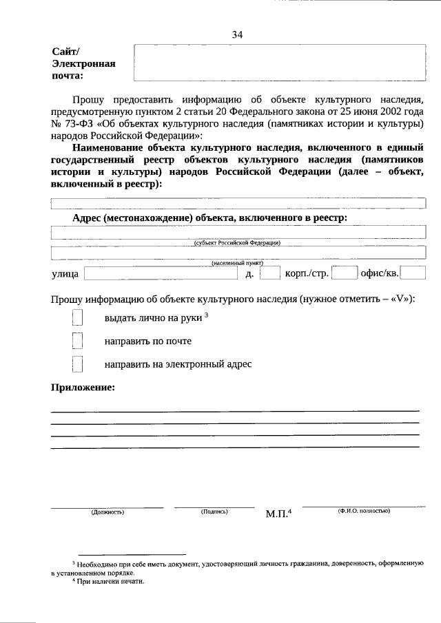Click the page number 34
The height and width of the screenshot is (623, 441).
point(238,34)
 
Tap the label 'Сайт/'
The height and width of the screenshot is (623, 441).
point(66,52)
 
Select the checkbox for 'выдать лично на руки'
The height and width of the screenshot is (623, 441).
point(77,318)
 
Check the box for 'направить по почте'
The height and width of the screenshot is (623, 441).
point(77,341)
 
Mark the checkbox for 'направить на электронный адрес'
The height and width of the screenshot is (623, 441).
point(77,363)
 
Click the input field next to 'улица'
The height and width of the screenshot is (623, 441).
point(163,274)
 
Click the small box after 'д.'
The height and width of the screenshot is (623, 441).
point(270,274)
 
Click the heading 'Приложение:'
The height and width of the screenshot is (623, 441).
point(83,388)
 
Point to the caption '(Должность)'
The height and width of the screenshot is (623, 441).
point(107,512)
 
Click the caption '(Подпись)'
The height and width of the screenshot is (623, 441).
point(214,511)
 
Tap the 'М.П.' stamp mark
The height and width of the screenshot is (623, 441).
point(278,514)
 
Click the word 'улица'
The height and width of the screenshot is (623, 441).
point(65,275)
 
